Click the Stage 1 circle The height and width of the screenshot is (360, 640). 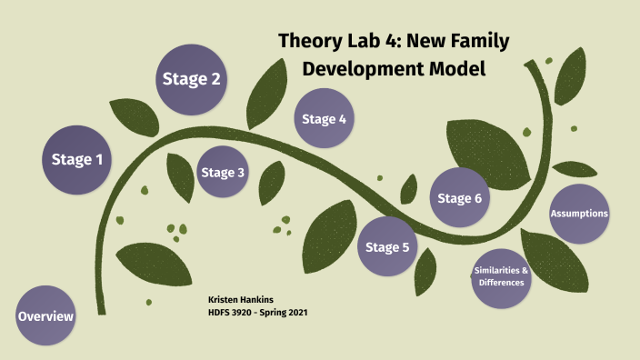click(x=76, y=160)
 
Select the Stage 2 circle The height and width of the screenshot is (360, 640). click(x=191, y=79)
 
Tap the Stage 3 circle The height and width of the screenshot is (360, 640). click(x=223, y=172)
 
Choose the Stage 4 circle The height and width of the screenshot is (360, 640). click(x=324, y=119)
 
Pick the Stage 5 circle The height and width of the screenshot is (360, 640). click(x=387, y=246)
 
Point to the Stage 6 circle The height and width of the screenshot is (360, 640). click(x=459, y=198)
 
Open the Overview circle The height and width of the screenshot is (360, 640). click(x=45, y=315)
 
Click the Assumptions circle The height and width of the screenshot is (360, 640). click(x=578, y=214)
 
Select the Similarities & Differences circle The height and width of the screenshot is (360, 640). click(x=502, y=276)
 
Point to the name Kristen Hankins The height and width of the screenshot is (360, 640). click(x=240, y=298)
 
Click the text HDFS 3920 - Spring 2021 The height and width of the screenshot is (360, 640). click(x=259, y=312)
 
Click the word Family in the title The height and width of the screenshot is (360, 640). click(x=476, y=41)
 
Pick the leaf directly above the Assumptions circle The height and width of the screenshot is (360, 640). click(x=575, y=169)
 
